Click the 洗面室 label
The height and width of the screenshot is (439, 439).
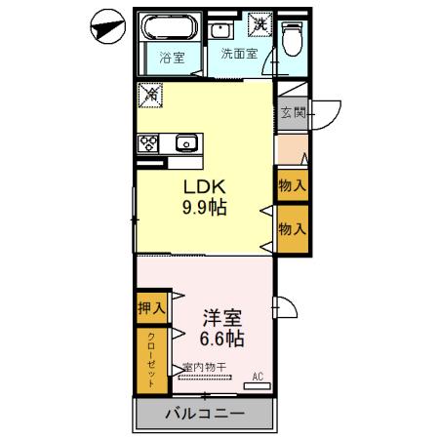click(238, 55)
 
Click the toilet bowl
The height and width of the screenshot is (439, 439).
click(292, 37)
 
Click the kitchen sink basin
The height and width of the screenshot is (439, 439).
click(185, 142)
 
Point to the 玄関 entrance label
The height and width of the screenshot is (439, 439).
click(294, 112)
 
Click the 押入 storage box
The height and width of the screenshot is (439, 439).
click(151, 307)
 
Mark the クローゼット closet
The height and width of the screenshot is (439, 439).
click(151, 360)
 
